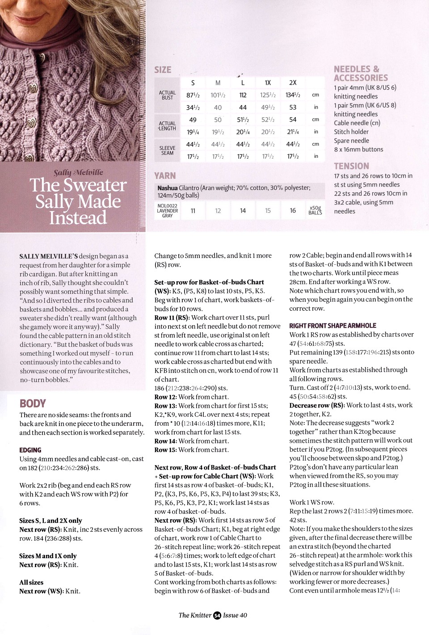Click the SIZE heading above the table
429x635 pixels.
point(163,70)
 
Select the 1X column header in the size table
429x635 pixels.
point(268,83)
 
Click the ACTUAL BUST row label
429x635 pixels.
point(167,95)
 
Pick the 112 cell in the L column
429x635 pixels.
point(243,95)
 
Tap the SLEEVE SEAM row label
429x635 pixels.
point(167,150)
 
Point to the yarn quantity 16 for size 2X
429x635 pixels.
point(293,211)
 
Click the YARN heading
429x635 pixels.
point(165,176)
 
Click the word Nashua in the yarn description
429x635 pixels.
point(168,188)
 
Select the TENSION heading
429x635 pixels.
point(351,166)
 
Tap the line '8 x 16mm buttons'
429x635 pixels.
point(358,149)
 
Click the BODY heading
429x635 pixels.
point(33,403)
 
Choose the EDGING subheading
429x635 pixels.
point(30,450)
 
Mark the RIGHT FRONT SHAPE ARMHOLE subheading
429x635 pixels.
point(332,326)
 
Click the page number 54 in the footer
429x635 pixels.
point(217,615)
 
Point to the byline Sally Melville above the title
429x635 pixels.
point(78,173)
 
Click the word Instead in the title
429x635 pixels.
point(78,218)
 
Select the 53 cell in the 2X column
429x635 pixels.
point(293,107)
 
